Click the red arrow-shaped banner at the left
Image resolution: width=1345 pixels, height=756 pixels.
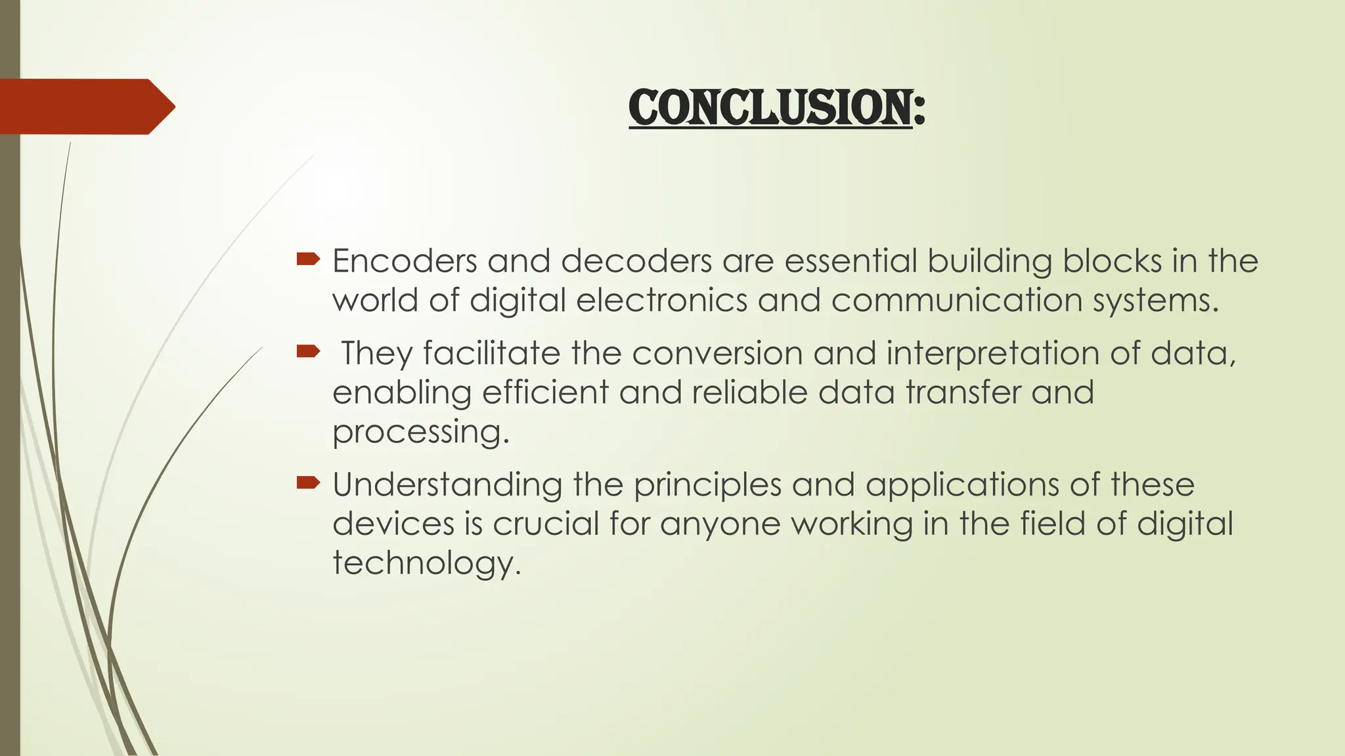(85, 106)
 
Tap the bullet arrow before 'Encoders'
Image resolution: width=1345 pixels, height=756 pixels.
(307, 260)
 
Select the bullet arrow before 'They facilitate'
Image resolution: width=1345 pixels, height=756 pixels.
(307, 352)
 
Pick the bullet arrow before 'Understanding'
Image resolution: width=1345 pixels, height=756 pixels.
(307, 484)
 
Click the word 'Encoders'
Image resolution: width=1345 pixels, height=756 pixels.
(405, 261)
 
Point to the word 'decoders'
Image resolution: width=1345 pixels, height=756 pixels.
(636, 261)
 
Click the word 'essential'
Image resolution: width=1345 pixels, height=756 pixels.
(850, 261)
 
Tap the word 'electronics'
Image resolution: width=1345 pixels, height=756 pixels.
(662, 301)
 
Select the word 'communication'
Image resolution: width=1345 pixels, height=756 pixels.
(957, 301)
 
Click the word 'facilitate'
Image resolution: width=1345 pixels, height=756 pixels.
(491, 353)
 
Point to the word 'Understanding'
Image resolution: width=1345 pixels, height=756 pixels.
(447, 486)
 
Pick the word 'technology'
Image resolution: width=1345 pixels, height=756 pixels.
(426, 564)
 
